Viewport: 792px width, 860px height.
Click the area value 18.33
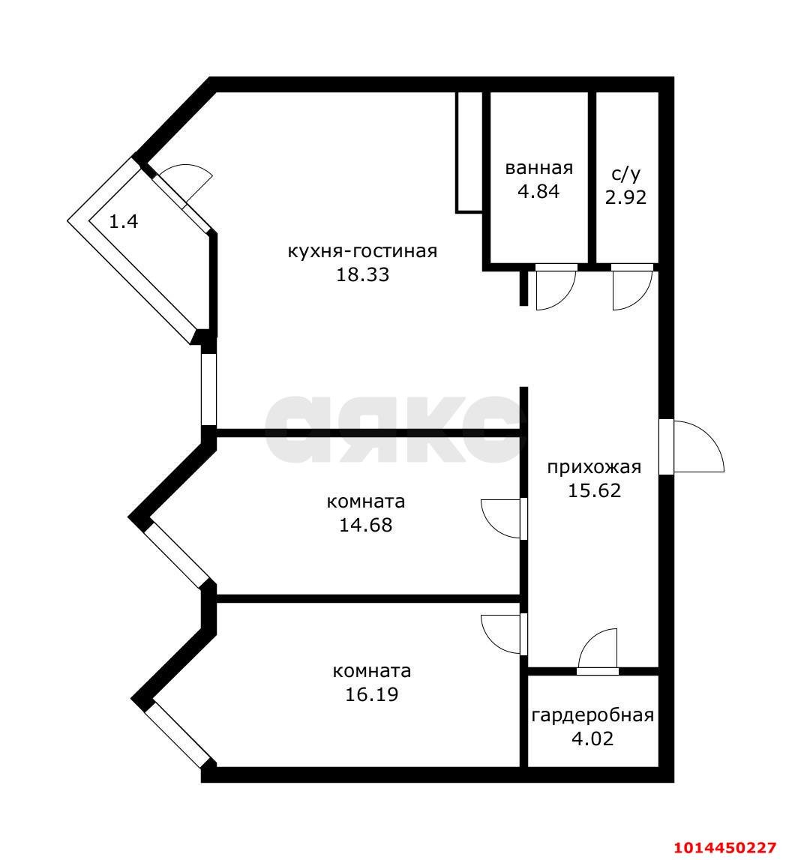[x=362, y=274]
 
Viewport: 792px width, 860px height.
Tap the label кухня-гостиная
[x=362, y=250]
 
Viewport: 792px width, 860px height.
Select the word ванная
[x=538, y=167]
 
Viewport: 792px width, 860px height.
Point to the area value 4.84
[x=538, y=191]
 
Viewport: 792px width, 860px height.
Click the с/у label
[x=626, y=174]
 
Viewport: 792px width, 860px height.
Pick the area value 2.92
[x=626, y=198]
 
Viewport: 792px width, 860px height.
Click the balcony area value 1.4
[x=124, y=221]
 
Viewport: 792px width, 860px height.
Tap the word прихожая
[x=594, y=467]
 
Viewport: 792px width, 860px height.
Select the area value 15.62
[x=594, y=491]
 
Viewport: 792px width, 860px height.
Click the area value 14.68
[x=366, y=525]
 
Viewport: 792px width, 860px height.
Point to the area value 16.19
[x=371, y=694]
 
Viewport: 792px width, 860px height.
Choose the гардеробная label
[x=592, y=715]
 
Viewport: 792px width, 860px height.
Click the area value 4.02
[x=592, y=739]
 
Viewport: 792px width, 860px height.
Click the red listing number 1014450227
[x=724, y=848]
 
